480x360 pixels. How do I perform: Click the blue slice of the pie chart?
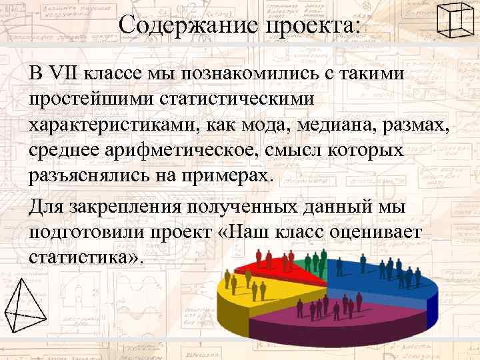(380, 280)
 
